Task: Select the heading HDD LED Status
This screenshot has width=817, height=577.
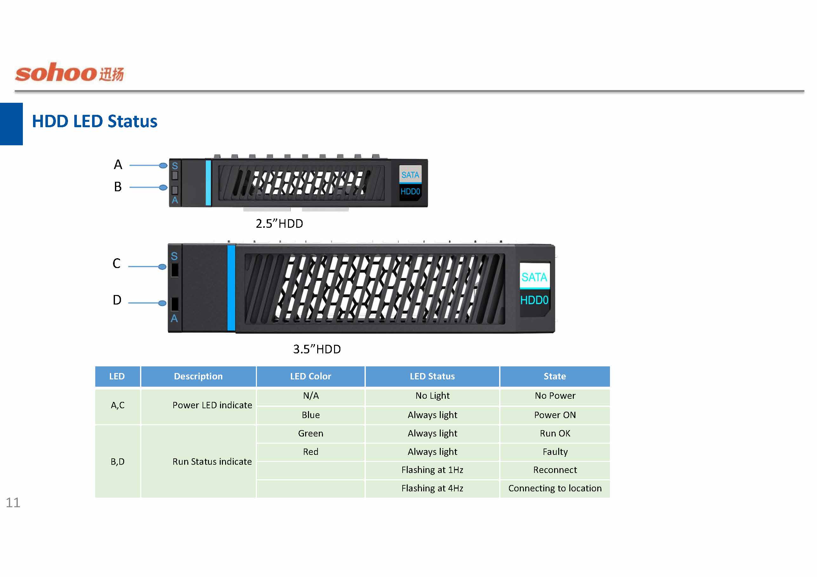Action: (94, 121)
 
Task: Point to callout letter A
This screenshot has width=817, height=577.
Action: (118, 165)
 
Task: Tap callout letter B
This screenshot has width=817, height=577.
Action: (118, 187)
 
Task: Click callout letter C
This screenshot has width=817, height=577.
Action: (116, 263)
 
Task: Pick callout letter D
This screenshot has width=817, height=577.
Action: (117, 300)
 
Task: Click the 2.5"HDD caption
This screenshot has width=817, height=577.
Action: (279, 224)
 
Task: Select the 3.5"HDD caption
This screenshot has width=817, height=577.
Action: (317, 349)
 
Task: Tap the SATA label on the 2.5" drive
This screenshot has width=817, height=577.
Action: (410, 175)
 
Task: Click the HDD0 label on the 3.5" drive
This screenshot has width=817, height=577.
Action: (534, 300)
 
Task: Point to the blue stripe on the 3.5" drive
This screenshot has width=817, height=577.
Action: (231, 288)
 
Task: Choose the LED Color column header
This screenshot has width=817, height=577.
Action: (310, 376)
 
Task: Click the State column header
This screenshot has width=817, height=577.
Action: (554, 376)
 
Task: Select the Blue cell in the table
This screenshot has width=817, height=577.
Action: (311, 415)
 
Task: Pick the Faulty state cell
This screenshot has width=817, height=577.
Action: (555, 451)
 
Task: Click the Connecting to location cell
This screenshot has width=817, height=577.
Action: (555, 488)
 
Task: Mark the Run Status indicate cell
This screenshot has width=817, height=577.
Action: (212, 462)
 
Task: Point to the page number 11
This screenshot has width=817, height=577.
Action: (13, 502)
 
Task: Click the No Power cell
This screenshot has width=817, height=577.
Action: (555, 396)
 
